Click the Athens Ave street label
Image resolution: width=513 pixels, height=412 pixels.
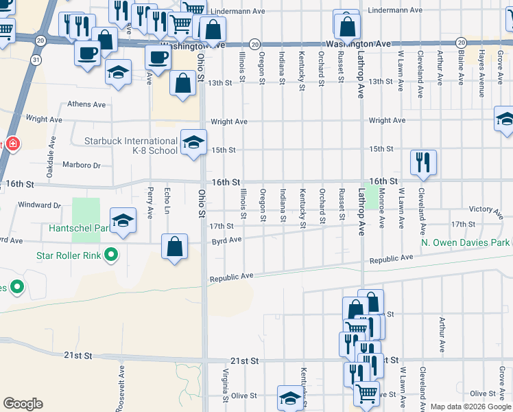click(x=86, y=104)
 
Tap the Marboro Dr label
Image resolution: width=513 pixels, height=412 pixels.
click(x=82, y=165)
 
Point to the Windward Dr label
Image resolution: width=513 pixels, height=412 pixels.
click(x=40, y=205)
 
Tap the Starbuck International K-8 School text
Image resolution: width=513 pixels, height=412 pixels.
click(x=130, y=146)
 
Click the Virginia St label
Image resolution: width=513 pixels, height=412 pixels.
click(x=225, y=385)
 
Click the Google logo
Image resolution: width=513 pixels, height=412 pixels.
click(x=23, y=404)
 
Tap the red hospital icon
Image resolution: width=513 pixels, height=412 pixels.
click(x=12, y=144)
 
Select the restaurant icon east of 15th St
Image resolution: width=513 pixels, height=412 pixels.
click(x=423, y=162)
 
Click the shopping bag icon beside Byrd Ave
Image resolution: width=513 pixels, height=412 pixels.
click(x=175, y=247)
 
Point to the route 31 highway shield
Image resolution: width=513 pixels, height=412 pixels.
click(x=35, y=60)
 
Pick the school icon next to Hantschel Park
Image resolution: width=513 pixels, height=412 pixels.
click(x=123, y=220)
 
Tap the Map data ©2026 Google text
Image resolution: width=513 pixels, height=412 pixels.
click(x=470, y=407)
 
